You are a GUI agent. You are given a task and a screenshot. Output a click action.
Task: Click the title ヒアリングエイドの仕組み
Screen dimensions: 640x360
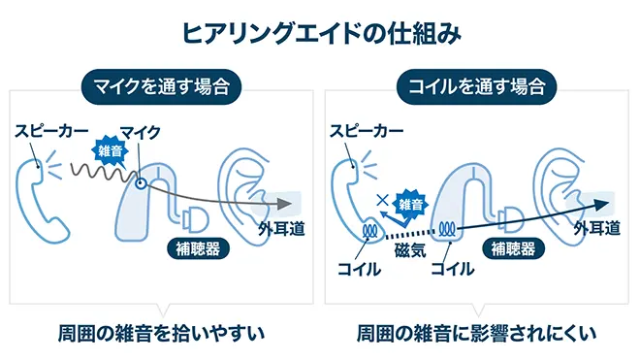coord(320,31)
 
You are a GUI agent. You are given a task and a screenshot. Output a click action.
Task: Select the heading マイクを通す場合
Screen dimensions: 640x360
coord(160,87)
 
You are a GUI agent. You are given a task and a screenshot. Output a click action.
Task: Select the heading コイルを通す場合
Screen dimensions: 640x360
coord(477,87)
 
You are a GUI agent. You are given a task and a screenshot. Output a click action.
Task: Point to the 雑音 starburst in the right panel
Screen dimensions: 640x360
coord(411,205)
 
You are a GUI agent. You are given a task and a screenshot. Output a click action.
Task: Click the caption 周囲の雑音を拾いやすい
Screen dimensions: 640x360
coord(160,335)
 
